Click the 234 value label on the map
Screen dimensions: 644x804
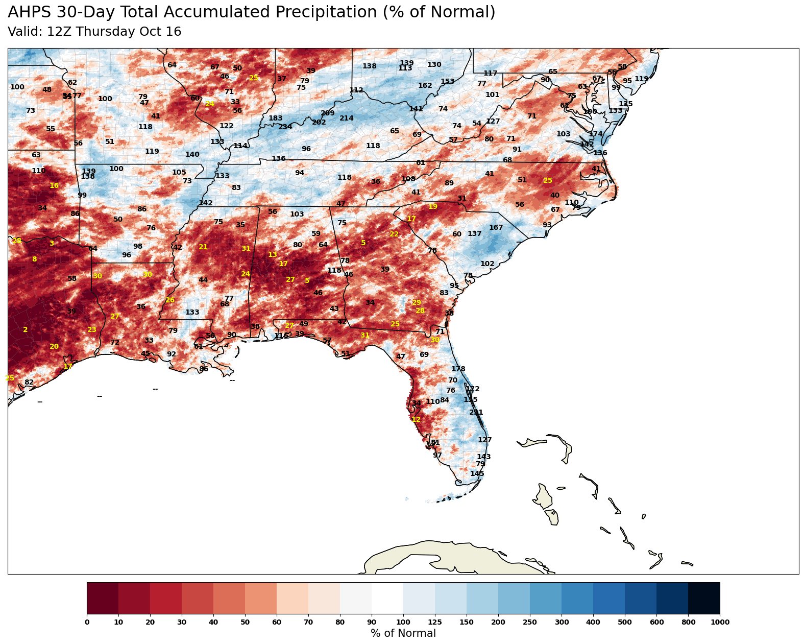point(285,127)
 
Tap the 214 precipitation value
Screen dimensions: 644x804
point(347,118)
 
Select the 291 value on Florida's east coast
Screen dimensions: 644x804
point(476,413)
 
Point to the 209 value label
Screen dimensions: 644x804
point(328,113)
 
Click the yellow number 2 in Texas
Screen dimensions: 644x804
point(26,330)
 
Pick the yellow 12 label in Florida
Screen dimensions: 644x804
point(416,420)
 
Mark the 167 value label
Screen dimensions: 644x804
point(496,228)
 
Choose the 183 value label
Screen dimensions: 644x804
point(276,118)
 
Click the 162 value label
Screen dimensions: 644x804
point(425,86)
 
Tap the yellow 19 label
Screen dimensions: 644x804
point(433,207)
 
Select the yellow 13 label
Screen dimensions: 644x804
point(273,255)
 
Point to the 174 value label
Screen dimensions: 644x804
point(596,134)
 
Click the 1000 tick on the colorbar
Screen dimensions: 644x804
point(720,622)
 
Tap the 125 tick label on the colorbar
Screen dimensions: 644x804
point(435,622)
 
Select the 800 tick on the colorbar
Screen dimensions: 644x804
point(688,622)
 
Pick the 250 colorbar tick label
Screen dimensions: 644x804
point(530,622)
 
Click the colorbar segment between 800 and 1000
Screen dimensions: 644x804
point(704,598)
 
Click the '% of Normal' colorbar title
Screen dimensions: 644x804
point(403,634)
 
